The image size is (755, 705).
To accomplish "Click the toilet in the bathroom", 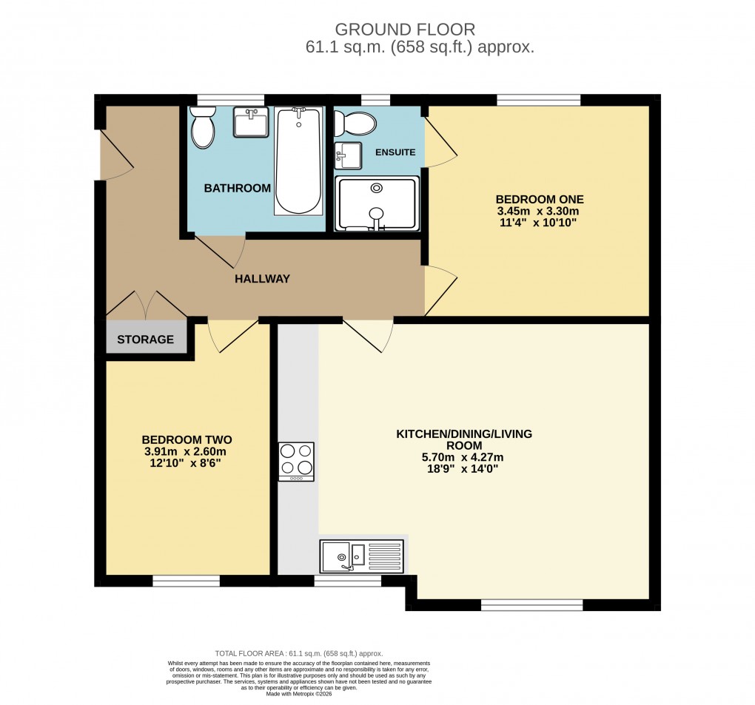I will [202, 128].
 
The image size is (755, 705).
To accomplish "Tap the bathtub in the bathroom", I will [298, 161].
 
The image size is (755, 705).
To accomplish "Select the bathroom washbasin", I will [251, 122].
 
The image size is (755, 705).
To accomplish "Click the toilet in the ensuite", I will [355, 123].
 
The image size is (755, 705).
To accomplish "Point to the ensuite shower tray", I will [377, 203].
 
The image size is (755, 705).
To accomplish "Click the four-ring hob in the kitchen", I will [296, 462].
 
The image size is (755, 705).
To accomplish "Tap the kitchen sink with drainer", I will [362, 556].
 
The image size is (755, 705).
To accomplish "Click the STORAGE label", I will [145, 340].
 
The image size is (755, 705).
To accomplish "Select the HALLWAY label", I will [262, 279].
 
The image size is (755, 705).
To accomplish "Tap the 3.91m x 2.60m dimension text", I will [184, 451].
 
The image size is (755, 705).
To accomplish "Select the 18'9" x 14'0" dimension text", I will [463, 468].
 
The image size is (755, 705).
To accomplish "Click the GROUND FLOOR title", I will [405, 30].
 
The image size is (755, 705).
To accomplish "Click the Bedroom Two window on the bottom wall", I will [186, 581].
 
